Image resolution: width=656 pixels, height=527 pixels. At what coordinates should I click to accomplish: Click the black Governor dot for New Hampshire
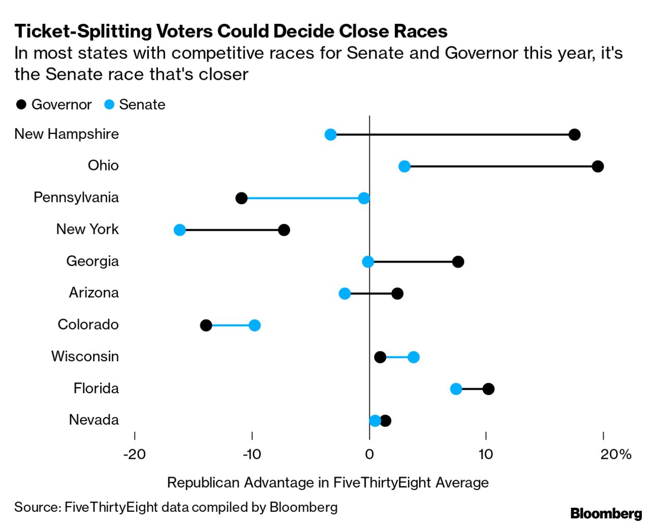tap(574, 135)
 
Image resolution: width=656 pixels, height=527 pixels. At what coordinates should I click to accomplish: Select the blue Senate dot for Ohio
tap(404, 166)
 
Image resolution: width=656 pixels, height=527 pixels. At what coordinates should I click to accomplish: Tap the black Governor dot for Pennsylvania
tap(241, 198)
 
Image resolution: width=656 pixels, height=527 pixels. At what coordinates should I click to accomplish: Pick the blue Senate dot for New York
tap(180, 230)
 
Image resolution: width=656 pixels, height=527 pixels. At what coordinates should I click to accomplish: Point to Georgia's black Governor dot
tap(458, 262)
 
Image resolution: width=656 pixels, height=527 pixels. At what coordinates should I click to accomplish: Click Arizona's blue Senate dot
tap(345, 294)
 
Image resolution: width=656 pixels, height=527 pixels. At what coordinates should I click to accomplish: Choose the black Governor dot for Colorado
tap(206, 326)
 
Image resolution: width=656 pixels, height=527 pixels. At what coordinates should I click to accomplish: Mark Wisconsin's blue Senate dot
tap(414, 357)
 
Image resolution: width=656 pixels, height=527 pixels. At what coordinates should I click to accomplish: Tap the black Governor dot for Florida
tap(488, 389)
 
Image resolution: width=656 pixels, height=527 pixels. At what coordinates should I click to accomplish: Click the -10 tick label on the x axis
tap(252, 454)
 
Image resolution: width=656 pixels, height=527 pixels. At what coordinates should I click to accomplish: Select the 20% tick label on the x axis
tap(615, 454)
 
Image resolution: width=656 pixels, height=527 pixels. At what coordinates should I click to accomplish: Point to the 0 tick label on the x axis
tap(369, 454)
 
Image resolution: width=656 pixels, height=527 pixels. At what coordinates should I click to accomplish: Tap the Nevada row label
tap(94, 420)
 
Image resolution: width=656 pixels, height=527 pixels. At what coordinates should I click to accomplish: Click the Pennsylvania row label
tap(76, 197)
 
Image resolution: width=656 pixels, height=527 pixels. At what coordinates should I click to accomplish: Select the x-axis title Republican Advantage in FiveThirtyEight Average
tap(328, 482)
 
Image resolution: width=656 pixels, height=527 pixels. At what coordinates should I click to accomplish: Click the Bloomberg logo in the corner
tap(606, 513)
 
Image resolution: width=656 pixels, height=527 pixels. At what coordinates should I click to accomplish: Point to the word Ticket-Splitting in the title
tap(83, 32)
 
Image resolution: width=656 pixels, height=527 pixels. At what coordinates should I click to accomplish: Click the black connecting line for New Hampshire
tap(452, 135)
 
